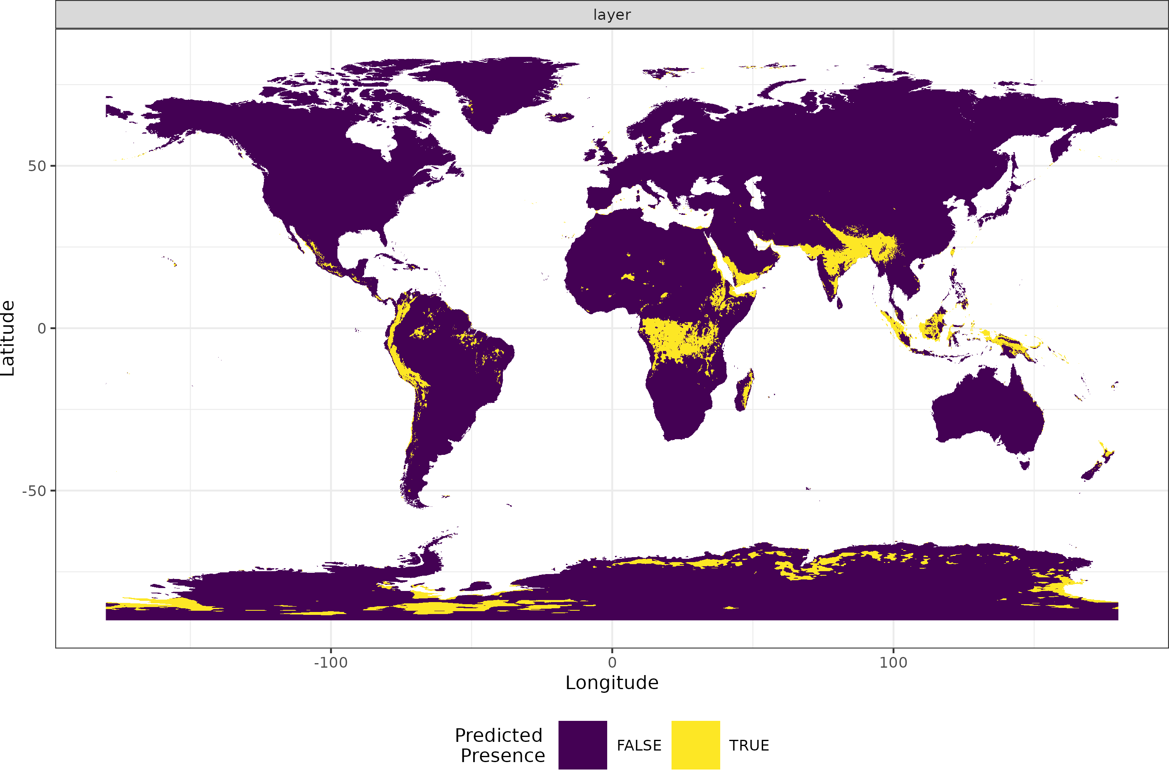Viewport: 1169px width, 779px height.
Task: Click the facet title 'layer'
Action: click(612, 15)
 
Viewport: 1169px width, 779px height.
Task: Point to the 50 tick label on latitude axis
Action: click(37, 166)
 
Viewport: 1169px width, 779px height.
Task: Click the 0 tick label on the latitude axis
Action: click(42, 328)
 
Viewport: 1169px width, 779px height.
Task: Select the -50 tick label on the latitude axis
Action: click(34, 491)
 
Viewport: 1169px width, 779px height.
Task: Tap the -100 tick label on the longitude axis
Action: click(330, 662)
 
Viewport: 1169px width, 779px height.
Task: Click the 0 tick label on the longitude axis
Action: click(612, 662)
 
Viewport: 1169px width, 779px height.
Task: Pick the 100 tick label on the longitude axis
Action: click(893, 662)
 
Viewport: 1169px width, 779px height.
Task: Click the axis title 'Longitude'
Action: click(612, 683)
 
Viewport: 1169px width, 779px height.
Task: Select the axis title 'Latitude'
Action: click(8, 338)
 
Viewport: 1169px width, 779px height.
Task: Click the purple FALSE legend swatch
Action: click(582, 745)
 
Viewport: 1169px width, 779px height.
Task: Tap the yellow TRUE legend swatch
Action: click(695, 745)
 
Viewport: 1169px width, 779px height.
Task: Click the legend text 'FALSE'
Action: click(639, 745)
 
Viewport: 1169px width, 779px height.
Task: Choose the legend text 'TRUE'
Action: click(749, 745)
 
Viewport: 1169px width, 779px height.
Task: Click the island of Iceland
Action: click(560, 117)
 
